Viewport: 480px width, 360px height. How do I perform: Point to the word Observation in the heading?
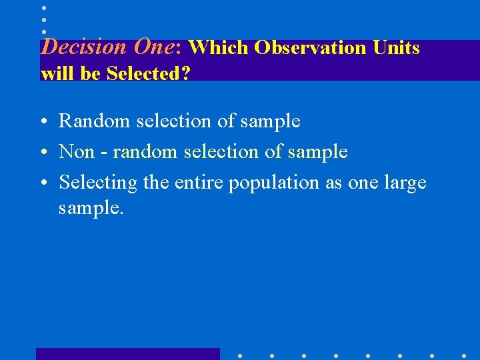pos(310,48)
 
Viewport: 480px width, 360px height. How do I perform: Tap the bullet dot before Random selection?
pos(43,122)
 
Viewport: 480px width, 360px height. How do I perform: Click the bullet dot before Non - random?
pos(43,153)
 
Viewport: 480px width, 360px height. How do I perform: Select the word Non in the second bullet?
pos(77,152)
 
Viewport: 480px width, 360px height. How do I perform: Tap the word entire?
pos(199,183)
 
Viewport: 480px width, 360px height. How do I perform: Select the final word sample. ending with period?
pos(91,209)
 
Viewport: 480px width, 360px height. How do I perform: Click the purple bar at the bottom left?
pos(127,354)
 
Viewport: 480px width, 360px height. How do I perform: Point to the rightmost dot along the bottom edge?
pos(463,355)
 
